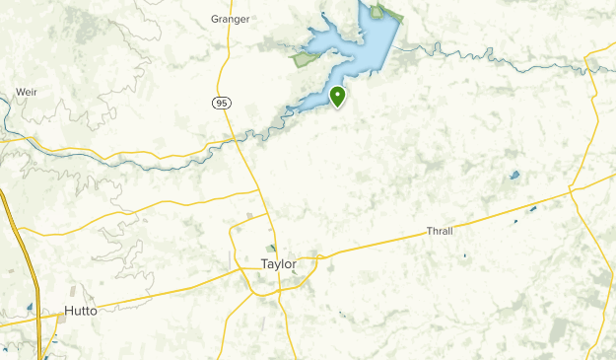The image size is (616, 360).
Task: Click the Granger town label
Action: tap(230, 18)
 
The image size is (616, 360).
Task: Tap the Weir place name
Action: tap(26, 92)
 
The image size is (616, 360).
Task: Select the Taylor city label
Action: tap(279, 264)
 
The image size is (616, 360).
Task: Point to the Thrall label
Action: tap(440, 231)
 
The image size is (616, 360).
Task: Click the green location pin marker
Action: tap(338, 96)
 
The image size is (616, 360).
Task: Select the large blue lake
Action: tap(360, 49)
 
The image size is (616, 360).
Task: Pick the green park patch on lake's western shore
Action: tap(304, 59)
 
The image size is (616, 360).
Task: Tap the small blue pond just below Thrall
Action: tap(465, 255)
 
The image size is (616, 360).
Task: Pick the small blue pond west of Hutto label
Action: tap(30, 307)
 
